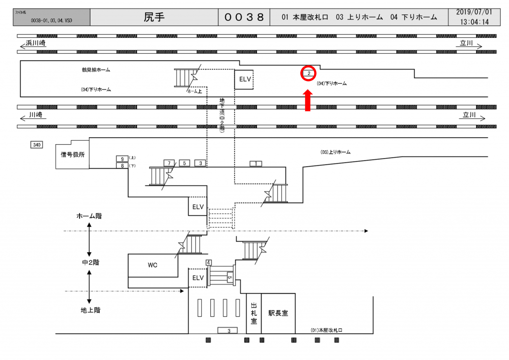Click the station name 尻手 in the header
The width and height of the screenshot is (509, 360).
tap(154, 17)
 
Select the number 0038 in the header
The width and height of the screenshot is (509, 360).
tap(244, 17)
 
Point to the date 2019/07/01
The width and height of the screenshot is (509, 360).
tap(474, 12)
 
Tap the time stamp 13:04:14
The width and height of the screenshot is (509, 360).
tap(474, 22)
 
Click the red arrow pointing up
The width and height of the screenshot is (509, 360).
tap(308, 100)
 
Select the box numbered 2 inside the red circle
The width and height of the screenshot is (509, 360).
tap(309, 74)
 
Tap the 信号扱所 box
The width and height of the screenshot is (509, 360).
tap(73, 155)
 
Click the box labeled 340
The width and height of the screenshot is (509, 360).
tap(37, 145)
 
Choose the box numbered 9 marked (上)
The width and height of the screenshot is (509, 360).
tap(122, 159)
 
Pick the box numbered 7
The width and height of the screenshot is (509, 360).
tap(170, 163)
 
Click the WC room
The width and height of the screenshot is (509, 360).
tap(152, 265)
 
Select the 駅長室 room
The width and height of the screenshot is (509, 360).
tap(278, 313)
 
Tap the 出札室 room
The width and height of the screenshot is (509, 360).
tap(254, 313)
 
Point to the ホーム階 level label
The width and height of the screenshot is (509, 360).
tap(89, 216)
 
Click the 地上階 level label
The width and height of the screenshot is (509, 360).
tap(90, 310)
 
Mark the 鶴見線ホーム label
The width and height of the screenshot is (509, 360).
tap(96, 70)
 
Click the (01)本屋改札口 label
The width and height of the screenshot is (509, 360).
tap(327, 330)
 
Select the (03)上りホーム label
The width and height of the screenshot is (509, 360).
tap(336, 152)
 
